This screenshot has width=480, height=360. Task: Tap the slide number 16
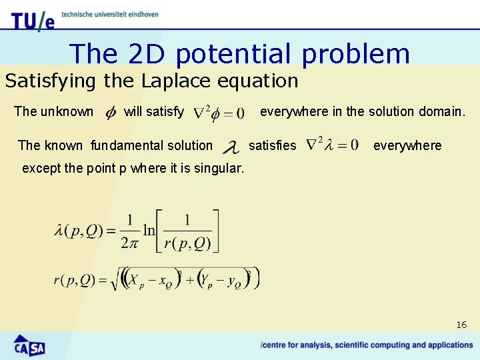[461, 325]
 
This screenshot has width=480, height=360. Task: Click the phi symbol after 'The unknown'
[111, 113]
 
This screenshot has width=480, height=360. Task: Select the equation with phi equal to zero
[218, 113]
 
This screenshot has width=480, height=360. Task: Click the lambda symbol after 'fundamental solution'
[230, 146]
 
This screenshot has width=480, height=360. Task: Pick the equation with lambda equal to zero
[331, 145]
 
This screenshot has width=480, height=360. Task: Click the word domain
[441, 111]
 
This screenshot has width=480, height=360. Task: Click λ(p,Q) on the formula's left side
[79, 231]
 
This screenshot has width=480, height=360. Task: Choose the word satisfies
[272, 145]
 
